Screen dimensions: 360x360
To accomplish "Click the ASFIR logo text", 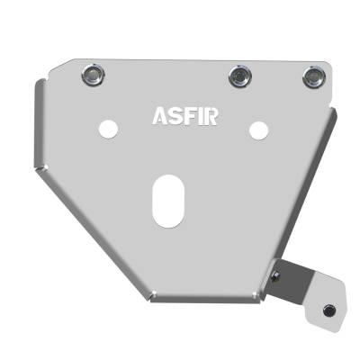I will click(x=184, y=117).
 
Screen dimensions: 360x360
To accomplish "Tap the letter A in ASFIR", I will click(x=158, y=117).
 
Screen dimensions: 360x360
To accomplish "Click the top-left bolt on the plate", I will click(x=91, y=75).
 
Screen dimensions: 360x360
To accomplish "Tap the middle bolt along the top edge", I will click(x=238, y=76).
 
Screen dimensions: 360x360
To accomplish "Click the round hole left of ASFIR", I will click(x=108, y=129).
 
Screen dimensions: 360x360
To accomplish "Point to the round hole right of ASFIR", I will click(x=257, y=130).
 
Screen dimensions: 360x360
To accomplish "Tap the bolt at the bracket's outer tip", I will click(x=328, y=310).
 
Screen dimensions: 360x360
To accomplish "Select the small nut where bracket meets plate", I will click(x=277, y=274).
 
